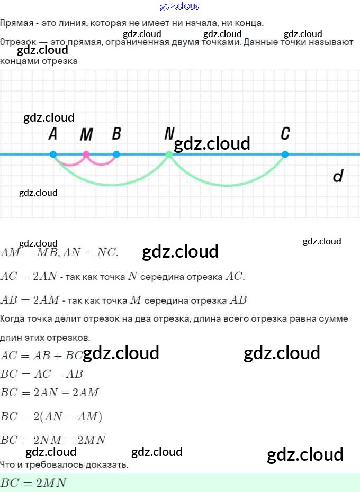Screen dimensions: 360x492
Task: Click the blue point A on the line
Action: coord(53,154)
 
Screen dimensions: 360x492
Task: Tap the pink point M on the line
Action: coord(86,154)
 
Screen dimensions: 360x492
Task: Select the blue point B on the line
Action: coord(116,154)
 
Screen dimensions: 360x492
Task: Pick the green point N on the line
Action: coord(169,154)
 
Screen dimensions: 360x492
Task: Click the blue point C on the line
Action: coord(285,154)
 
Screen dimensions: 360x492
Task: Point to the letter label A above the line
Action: coord(53,134)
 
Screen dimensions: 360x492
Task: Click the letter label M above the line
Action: coord(86,135)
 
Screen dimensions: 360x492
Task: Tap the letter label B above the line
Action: coord(116,134)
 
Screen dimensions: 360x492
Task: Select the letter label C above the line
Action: coord(285,134)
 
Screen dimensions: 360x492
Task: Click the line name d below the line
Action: coord(338,176)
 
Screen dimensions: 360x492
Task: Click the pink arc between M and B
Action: coord(102,164)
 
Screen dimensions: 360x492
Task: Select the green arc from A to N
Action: coord(111,185)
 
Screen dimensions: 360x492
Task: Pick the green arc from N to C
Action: coord(228,185)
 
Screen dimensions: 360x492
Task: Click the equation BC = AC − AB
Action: coord(42,374)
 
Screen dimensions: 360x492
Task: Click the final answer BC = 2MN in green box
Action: coord(33,483)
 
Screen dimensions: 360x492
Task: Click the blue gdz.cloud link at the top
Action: coord(180,6)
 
